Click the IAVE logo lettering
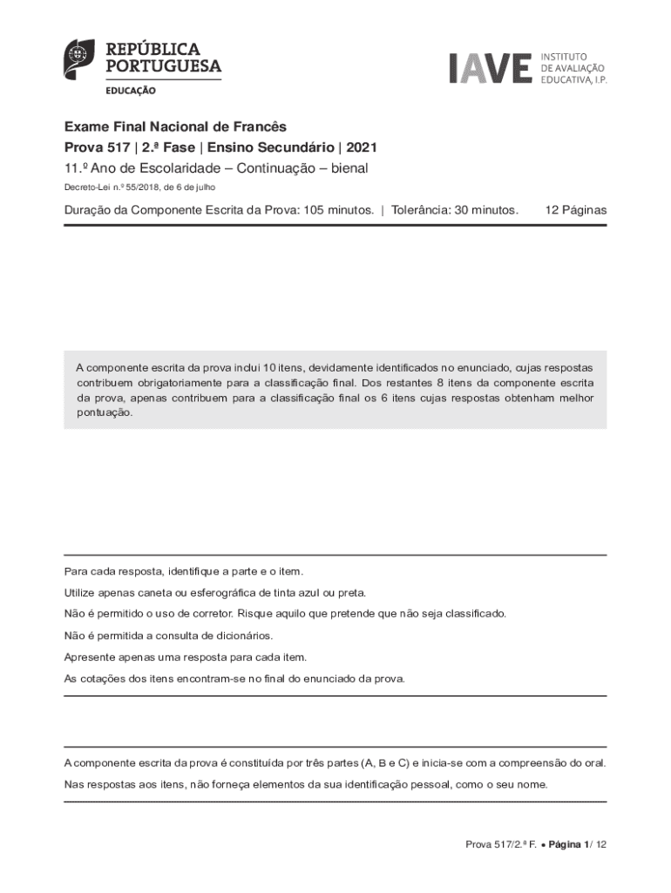490,68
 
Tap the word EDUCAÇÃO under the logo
132,90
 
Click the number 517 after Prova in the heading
115,148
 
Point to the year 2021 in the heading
362,148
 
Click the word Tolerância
419,210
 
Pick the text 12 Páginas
575,210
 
